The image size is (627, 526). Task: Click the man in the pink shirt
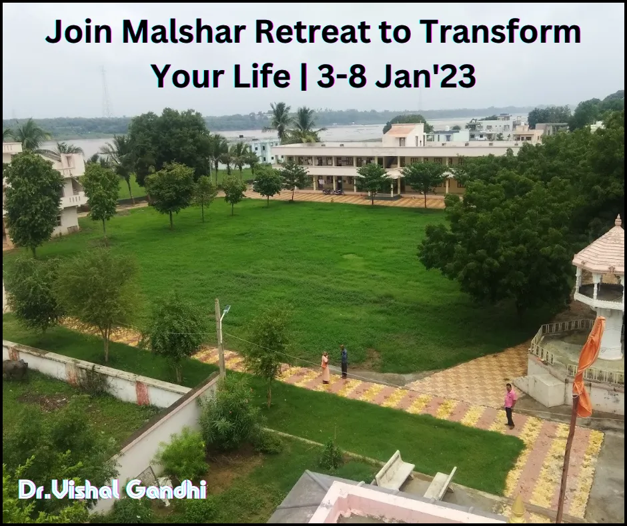pos(510,406)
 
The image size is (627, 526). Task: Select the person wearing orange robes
pos(326,367)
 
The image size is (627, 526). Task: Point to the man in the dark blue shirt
pos(344,362)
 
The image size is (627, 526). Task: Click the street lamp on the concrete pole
pos(225,310)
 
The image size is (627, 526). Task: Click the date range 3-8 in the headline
pos(342,76)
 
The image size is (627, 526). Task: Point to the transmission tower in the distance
pos(105,92)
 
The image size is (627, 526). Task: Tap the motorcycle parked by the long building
pos(333,191)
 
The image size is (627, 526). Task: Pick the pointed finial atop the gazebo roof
pos(618,220)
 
